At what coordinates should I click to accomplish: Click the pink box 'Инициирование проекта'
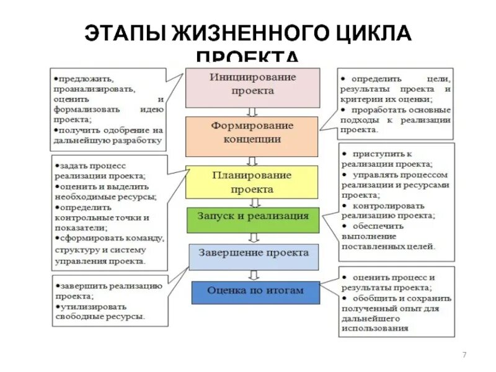(252, 87)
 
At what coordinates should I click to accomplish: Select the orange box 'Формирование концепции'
(252, 133)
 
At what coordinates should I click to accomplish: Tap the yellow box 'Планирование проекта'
(251, 182)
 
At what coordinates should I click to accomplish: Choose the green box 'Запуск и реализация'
(252, 217)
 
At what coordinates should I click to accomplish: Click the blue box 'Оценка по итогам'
(255, 291)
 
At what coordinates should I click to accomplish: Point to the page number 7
(464, 354)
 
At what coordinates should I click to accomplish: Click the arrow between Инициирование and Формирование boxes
(252, 112)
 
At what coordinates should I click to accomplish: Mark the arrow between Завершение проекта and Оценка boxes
(253, 275)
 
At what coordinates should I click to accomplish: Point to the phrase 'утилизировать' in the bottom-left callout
(86, 306)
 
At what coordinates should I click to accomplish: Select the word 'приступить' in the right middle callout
(374, 153)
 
